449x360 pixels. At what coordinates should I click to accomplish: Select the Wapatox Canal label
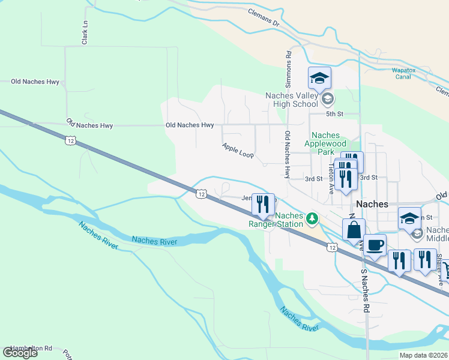click(410, 73)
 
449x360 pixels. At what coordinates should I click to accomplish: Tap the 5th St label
click(334, 113)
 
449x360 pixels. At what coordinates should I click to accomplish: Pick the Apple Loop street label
click(238, 151)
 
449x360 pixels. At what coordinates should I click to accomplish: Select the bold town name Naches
click(372, 204)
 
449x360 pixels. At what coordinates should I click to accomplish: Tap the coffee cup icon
click(375, 245)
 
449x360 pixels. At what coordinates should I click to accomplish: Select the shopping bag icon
click(354, 229)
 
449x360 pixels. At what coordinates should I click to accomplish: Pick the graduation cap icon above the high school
click(320, 77)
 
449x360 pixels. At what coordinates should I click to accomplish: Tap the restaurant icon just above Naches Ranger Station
click(263, 204)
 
